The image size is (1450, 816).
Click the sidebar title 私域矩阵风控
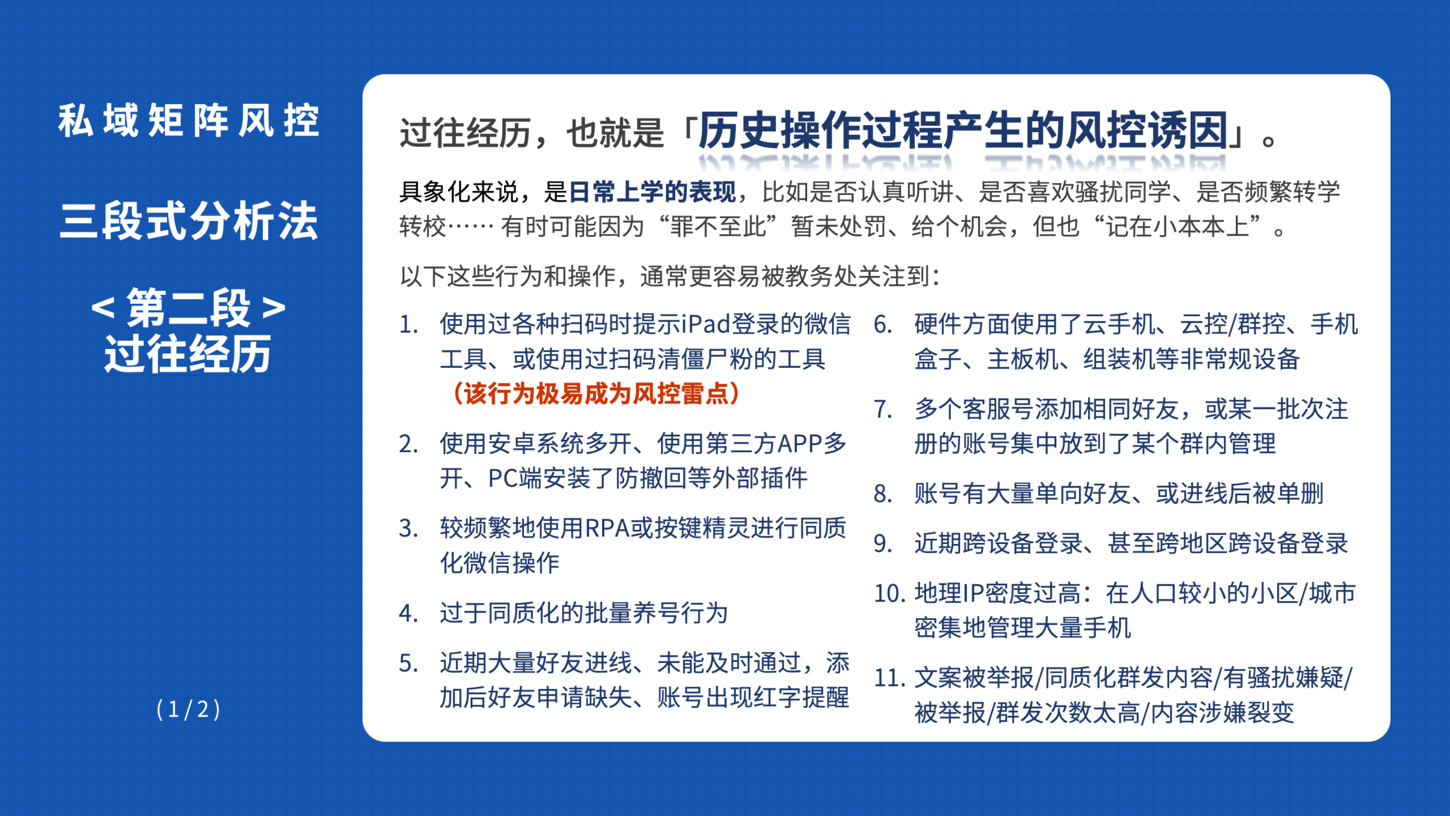coord(189,120)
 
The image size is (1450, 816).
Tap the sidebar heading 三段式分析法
coord(189,221)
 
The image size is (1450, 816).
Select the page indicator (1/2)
coord(189,709)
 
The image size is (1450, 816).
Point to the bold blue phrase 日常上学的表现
coord(652,192)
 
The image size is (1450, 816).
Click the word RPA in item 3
coord(607,528)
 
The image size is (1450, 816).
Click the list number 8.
coord(883,494)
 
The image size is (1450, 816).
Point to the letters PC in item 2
coord(502,478)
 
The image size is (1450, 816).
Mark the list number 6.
coord(883,324)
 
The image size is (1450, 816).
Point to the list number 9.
coord(883,543)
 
